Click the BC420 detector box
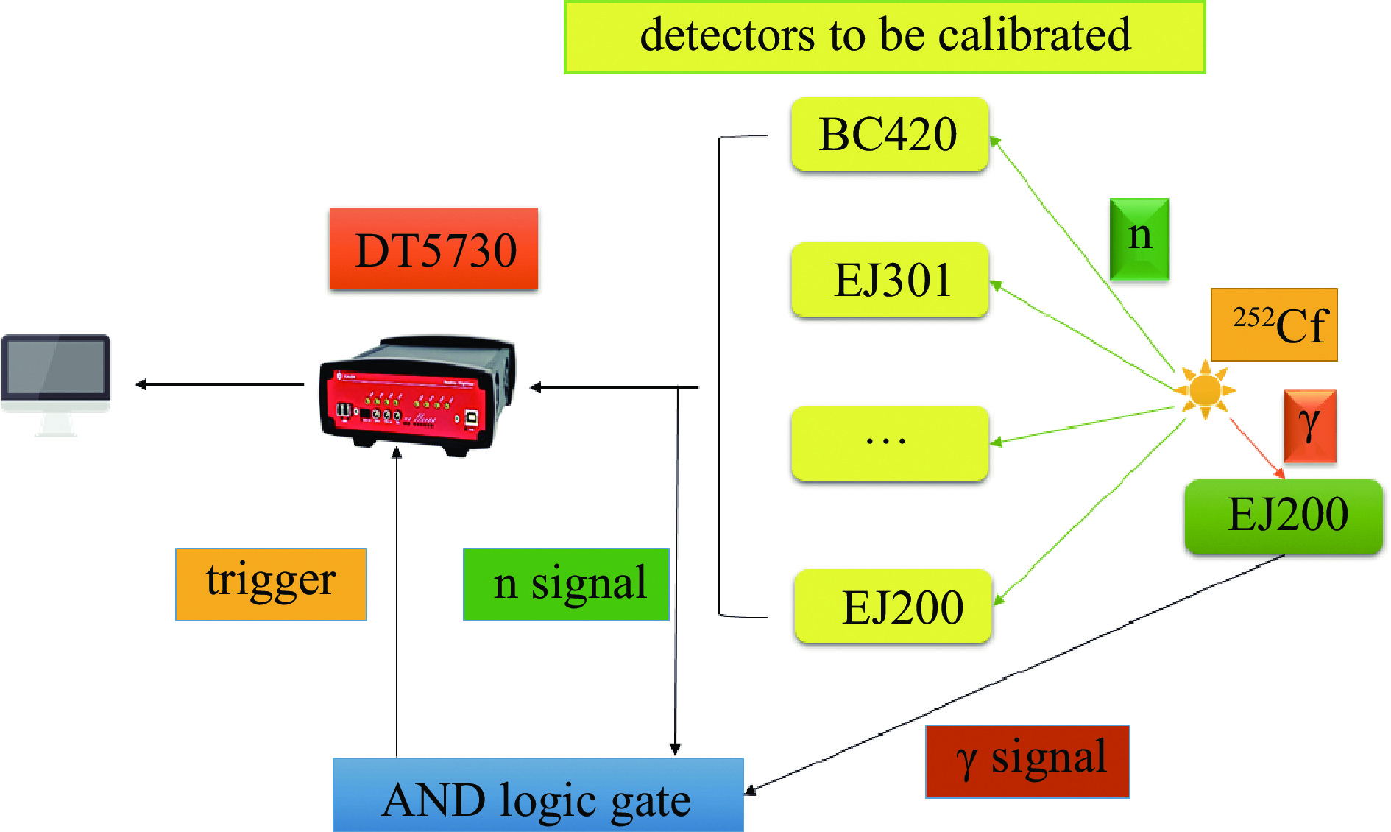889,135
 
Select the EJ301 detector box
889,280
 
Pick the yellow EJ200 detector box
893,607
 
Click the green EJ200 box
1284,515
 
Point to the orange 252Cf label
1274,325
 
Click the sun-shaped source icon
1205,389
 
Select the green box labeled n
1139,239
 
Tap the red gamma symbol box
1309,426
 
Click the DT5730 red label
433,249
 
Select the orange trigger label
271,584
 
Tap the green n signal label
566,584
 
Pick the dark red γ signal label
1027,761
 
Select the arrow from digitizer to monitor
221,384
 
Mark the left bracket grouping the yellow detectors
720,376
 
